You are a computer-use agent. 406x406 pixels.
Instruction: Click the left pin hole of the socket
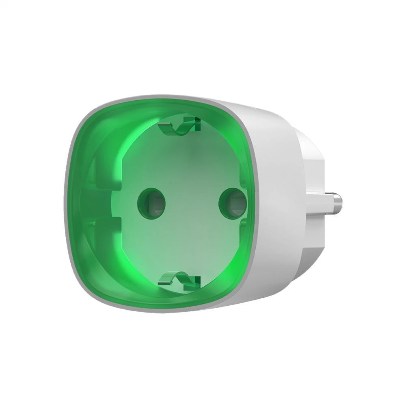(x=151, y=201)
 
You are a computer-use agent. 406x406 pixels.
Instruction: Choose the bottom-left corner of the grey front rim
(x=86, y=292)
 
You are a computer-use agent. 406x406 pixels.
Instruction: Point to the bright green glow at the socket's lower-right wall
(x=229, y=261)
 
